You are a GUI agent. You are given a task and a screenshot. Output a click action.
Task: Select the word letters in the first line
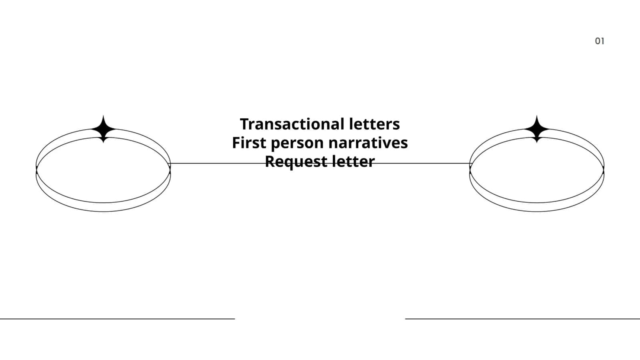pos(374,124)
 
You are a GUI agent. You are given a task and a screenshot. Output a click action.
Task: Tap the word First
pos(249,142)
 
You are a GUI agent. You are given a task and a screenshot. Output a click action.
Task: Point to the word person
pos(297,144)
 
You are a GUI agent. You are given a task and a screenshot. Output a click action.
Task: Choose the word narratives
pos(368,142)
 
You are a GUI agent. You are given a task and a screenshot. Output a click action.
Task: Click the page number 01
pos(600,41)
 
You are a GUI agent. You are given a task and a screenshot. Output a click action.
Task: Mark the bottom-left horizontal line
pos(118,319)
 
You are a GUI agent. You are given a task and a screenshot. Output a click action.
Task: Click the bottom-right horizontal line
pos(522,319)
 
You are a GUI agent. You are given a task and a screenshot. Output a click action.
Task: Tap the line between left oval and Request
pos(218,164)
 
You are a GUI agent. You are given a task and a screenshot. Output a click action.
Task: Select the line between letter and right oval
pos(422,164)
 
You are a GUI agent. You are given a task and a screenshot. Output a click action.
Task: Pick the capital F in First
pos(236,143)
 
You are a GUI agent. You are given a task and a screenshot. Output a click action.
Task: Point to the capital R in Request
pos(270,162)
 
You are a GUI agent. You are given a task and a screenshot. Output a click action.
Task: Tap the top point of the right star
pos(536,116)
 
